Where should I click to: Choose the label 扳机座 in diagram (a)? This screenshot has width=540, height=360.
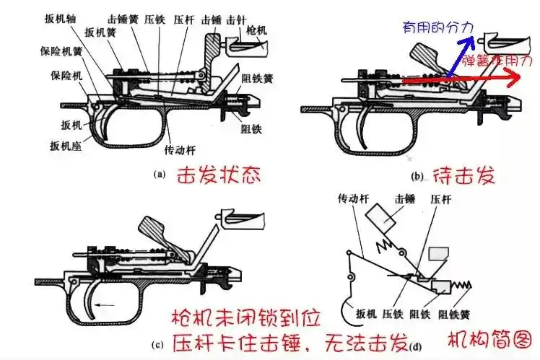coord(65,146)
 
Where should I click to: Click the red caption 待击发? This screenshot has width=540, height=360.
coord(462,175)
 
